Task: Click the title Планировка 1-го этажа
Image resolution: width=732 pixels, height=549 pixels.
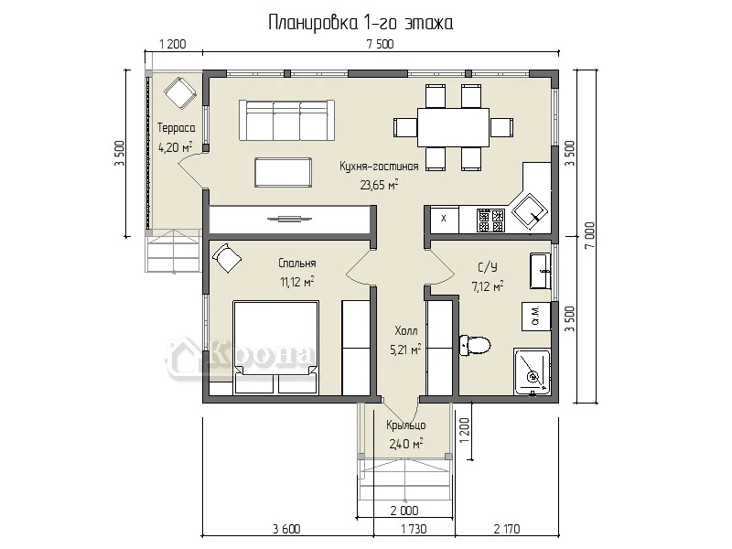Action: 361,22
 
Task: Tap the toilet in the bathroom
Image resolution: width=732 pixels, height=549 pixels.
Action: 475,346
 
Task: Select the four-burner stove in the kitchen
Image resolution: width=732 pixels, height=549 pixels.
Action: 490,220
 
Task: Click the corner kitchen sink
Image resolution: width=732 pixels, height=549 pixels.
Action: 530,211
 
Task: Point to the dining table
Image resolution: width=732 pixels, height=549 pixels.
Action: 453,127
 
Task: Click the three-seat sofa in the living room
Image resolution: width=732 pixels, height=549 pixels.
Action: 286,120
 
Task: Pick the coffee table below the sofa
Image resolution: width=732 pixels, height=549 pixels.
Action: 284,173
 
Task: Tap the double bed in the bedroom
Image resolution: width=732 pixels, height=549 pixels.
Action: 276,347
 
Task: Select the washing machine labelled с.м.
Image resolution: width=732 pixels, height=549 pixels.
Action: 536,317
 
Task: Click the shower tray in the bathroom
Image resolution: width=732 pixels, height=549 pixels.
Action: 532,371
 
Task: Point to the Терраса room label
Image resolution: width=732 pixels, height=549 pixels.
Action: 176,127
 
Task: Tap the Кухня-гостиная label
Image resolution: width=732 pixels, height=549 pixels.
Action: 379,167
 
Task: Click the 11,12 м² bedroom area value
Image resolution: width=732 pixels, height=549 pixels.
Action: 296,282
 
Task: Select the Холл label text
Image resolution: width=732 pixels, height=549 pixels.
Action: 406,331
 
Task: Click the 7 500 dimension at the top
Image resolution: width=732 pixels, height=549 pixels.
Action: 380,44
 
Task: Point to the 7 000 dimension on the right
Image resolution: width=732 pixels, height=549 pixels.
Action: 589,235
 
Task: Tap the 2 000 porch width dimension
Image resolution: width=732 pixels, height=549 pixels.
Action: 404,511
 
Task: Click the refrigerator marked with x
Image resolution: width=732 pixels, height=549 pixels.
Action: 444,219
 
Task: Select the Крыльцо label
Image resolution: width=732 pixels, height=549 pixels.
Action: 406,425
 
